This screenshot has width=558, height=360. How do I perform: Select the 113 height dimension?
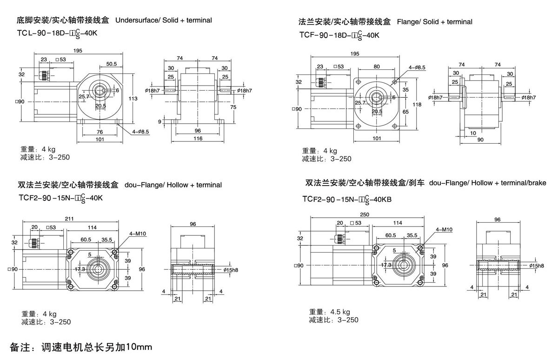133,98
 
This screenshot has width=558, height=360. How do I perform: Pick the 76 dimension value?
100,131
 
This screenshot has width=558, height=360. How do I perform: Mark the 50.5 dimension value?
111,64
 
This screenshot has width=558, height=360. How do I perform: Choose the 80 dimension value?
377,66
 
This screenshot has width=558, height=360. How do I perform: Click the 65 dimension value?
405,112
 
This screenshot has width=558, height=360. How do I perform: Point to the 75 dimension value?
233,107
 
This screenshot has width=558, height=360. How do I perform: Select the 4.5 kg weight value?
340,312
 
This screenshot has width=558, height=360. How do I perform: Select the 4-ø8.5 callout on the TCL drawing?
140,132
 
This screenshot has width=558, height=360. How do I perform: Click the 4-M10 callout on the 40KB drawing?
445,230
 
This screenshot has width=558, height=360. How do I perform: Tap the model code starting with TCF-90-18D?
340,34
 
